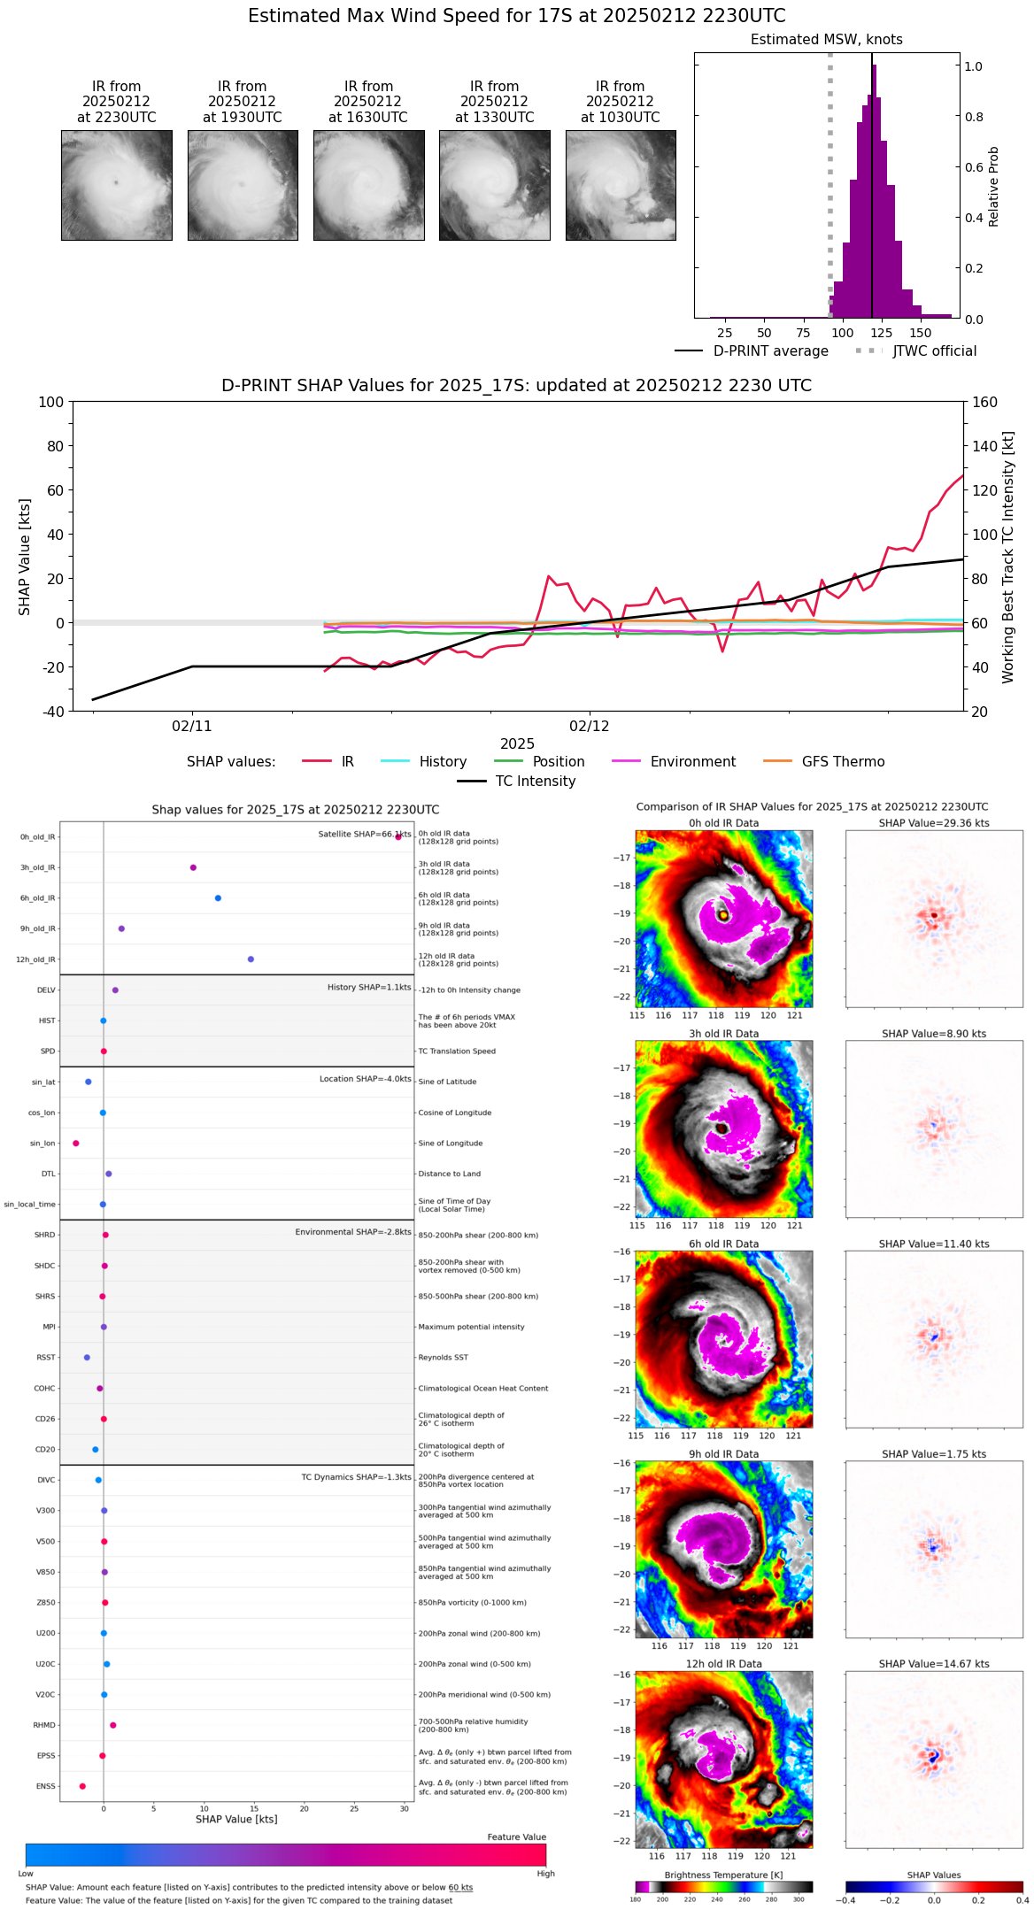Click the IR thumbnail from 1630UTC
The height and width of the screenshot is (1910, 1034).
368,185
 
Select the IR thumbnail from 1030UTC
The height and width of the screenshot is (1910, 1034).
621,185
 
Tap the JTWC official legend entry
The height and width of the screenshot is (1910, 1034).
934,351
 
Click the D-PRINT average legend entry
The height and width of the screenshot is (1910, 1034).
770,351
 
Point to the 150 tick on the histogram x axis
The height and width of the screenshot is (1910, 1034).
921,333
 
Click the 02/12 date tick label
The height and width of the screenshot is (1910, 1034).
590,727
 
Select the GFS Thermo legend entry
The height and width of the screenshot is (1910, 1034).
843,762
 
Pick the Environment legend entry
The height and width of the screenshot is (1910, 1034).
692,762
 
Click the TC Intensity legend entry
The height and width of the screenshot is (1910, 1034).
535,782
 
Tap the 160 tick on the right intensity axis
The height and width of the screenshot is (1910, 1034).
985,402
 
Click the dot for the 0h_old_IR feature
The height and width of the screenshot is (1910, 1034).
398,836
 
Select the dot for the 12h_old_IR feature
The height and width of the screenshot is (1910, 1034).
251,959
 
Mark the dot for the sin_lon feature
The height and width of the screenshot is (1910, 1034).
75,1144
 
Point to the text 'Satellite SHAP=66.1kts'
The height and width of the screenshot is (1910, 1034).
364,835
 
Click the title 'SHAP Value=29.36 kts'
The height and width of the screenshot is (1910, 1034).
934,823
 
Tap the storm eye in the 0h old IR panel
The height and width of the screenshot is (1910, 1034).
723,915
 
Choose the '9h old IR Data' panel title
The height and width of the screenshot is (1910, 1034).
723,1454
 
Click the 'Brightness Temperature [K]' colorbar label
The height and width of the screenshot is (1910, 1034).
723,1875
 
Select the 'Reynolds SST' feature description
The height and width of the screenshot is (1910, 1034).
443,1358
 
